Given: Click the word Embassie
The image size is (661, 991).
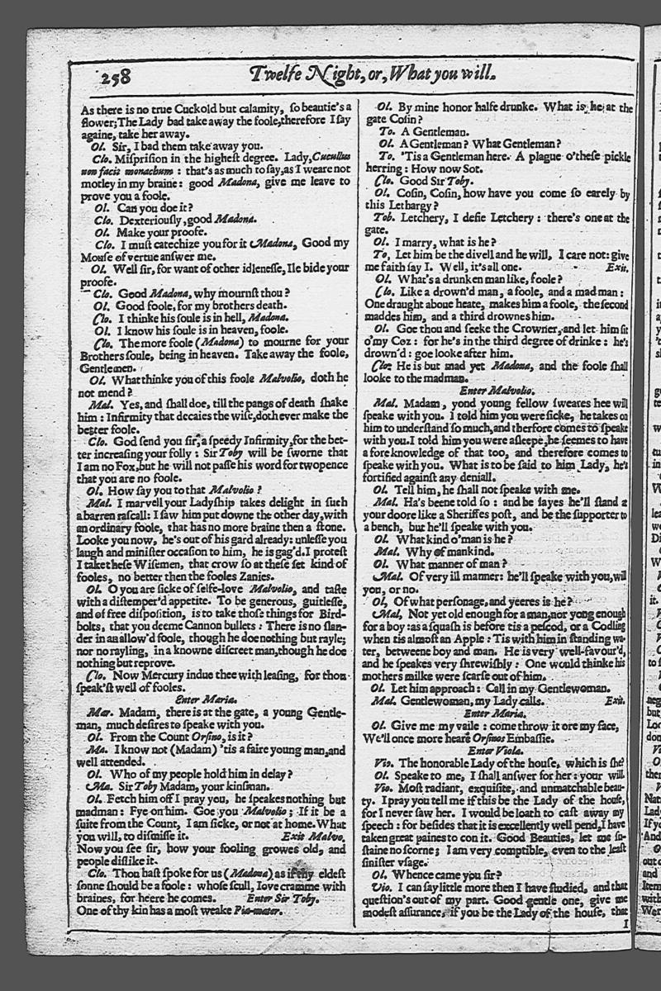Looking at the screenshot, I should pyautogui.click(x=518, y=737).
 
